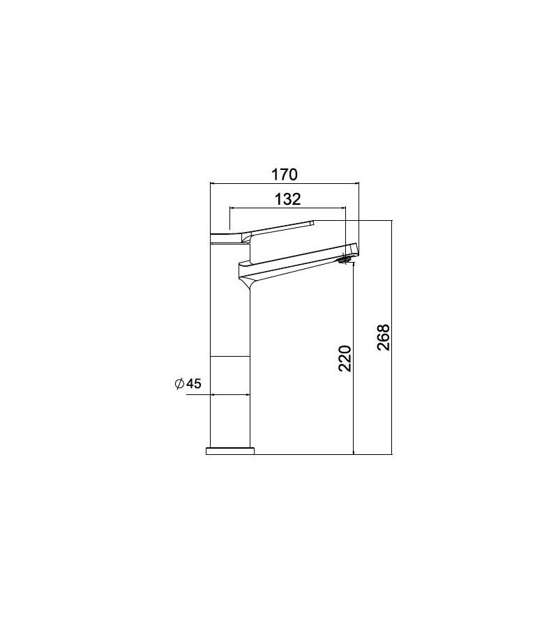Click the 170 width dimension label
tap(285, 175)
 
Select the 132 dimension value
tap(287, 199)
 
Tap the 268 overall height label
tap(383, 337)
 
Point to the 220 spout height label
tap(345, 358)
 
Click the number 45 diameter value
tap(194, 384)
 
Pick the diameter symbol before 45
tap(179, 384)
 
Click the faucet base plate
tap(230, 451)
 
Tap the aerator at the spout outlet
tap(345, 261)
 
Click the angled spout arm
tap(299, 261)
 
